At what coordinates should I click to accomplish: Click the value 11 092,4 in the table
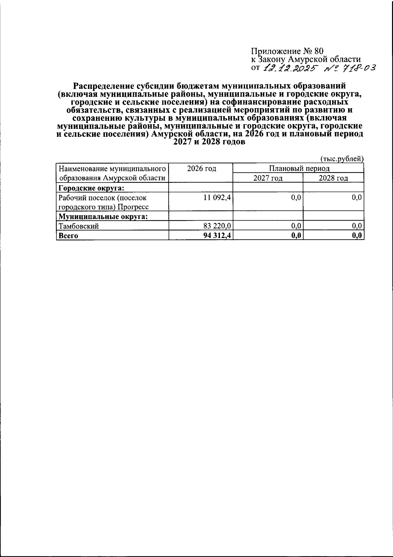pos(217,197)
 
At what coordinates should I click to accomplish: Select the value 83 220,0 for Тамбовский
pos(217,226)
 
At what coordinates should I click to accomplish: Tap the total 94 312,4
pos(217,235)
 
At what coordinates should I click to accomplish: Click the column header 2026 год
pos(201,169)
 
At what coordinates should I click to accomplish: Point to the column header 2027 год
pos(268,178)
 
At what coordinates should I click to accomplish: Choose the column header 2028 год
pos(333,178)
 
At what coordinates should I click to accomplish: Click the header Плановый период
pos(299,169)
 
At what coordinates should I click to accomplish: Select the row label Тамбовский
pos(79,226)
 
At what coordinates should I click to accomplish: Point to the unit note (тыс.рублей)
pos(342,159)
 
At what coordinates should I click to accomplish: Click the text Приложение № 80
pos(287,51)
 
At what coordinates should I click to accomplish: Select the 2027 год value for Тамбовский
pos(296,226)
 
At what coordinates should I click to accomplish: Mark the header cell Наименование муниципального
pos(111,169)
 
